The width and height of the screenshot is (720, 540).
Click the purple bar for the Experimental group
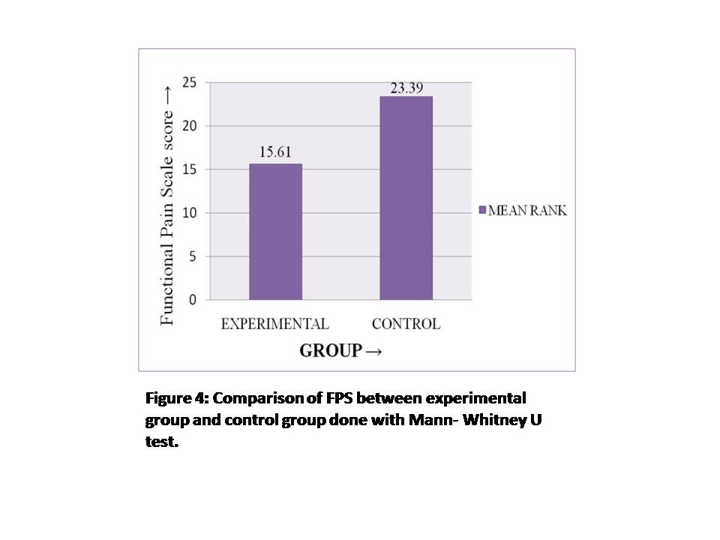pyautogui.click(x=275, y=232)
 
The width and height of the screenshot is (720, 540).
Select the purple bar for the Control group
pyautogui.click(x=406, y=198)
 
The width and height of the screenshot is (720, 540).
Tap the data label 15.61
pyautogui.click(x=275, y=152)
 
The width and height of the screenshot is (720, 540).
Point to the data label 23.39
pyautogui.click(x=406, y=88)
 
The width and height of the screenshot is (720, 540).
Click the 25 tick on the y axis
pyautogui.click(x=189, y=82)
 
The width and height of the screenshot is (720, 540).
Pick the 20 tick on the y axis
pyautogui.click(x=189, y=126)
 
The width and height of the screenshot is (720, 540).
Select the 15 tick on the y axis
pyautogui.click(x=189, y=169)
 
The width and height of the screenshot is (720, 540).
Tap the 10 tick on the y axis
pyautogui.click(x=189, y=212)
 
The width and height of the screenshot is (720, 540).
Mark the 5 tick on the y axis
pyautogui.click(x=193, y=256)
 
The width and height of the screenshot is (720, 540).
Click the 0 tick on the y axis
pyautogui.click(x=193, y=300)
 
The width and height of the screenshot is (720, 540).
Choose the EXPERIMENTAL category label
pyautogui.click(x=275, y=324)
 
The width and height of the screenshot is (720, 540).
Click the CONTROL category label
pyautogui.click(x=406, y=324)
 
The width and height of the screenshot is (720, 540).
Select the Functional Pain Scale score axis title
pyautogui.click(x=166, y=205)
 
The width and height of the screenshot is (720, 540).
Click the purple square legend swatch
pyautogui.click(x=482, y=210)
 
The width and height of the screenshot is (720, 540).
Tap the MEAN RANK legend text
pyautogui.click(x=527, y=210)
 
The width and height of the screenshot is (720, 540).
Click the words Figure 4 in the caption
pyautogui.click(x=177, y=398)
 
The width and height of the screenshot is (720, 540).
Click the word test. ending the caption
pyautogui.click(x=162, y=442)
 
